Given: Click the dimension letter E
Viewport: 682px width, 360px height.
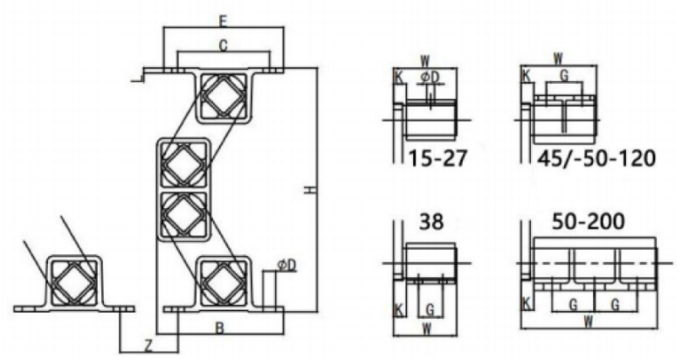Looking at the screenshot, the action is tap(224, 21).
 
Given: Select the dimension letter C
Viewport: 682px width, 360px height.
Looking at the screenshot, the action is tap(224, 45).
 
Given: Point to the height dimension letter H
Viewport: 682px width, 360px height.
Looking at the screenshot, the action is tap(309, 190).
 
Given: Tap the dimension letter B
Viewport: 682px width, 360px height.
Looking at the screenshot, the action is tap(220, 329).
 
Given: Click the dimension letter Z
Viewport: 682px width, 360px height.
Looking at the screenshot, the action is tap(148, 346).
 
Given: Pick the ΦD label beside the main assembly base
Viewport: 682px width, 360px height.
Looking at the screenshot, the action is tap(286, 265).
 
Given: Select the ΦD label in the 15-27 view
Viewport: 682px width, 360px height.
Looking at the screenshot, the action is tap(430, 77).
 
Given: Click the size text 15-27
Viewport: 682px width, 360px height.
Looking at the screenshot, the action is tap(437, 157).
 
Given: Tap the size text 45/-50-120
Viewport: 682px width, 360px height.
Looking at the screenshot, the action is tap(596, 157).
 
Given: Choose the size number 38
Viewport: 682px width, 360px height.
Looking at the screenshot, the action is tap(431, 222).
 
